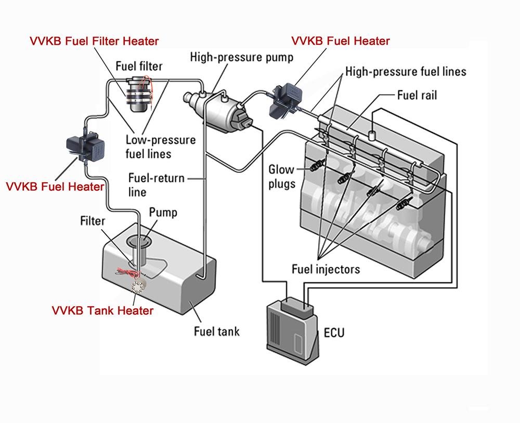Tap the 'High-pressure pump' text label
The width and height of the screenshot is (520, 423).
click(241, 56)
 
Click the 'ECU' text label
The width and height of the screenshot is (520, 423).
click(333, 332)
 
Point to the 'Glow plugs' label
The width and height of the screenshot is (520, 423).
click(281, 177)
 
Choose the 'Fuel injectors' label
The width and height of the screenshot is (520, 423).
click(326, 269)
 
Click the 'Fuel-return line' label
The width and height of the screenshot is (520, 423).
click(156, 185)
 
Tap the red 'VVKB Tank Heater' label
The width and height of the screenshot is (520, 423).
click(102, 310)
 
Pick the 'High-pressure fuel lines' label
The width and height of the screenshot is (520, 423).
click(406, 71)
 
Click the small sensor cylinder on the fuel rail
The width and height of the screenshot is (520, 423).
click(373, 134)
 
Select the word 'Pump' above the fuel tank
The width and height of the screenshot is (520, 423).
click(163, 213)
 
